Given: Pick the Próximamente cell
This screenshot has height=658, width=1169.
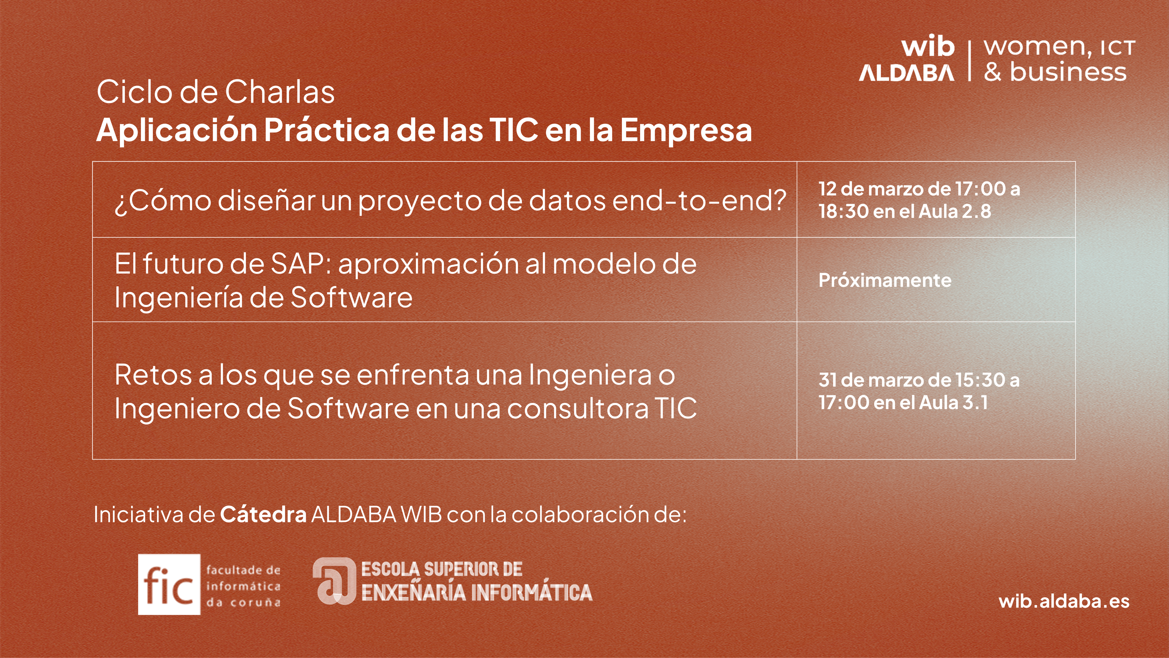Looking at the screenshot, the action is tap(885, 280).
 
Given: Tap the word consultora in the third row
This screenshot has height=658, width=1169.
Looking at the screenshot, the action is tap(578, 408).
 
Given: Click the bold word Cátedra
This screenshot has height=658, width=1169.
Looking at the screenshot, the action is tap(263, 515).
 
